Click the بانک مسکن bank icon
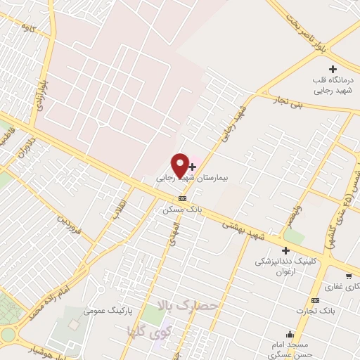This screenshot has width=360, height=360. [x=182, y=198]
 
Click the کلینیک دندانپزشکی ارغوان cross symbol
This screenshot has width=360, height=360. [x=285, y=250]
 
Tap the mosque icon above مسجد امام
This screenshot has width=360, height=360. [x=289, y=334]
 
